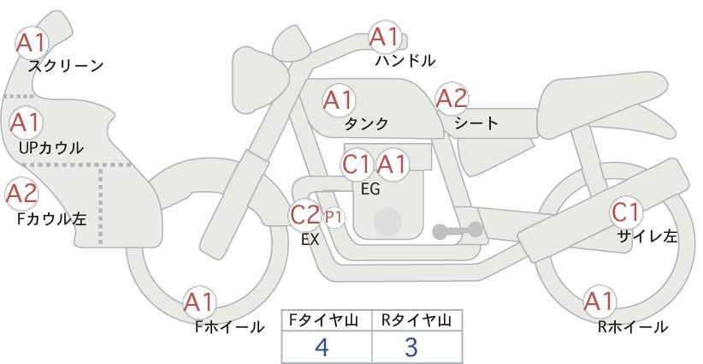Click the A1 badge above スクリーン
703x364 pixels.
coord(32,43)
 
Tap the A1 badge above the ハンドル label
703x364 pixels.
coord(385,37)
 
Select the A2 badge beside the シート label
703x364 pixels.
coord(452,98)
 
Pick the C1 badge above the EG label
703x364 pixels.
coord(357,164)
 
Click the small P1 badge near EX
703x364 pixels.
coord(334,218)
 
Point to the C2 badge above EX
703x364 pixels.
coord(304,214)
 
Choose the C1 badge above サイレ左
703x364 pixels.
coord(626,212)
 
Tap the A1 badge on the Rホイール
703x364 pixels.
coord(599,301)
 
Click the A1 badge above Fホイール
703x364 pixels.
coord(199,302)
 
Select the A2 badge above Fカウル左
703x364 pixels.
coord(21,194)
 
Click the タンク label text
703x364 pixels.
coord(366,123)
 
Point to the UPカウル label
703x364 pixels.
coord(51,147)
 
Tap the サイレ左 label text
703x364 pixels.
coord(647,236)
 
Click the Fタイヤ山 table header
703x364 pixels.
coord(323,320)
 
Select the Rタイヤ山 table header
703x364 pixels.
coord(416,320)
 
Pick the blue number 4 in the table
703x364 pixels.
coord(322,347)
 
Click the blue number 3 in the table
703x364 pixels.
coord(411,347)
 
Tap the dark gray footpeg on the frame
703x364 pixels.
coord(458,230)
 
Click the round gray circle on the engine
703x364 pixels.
coord(387,222)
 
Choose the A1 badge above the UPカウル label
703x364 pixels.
coord(26,123)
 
